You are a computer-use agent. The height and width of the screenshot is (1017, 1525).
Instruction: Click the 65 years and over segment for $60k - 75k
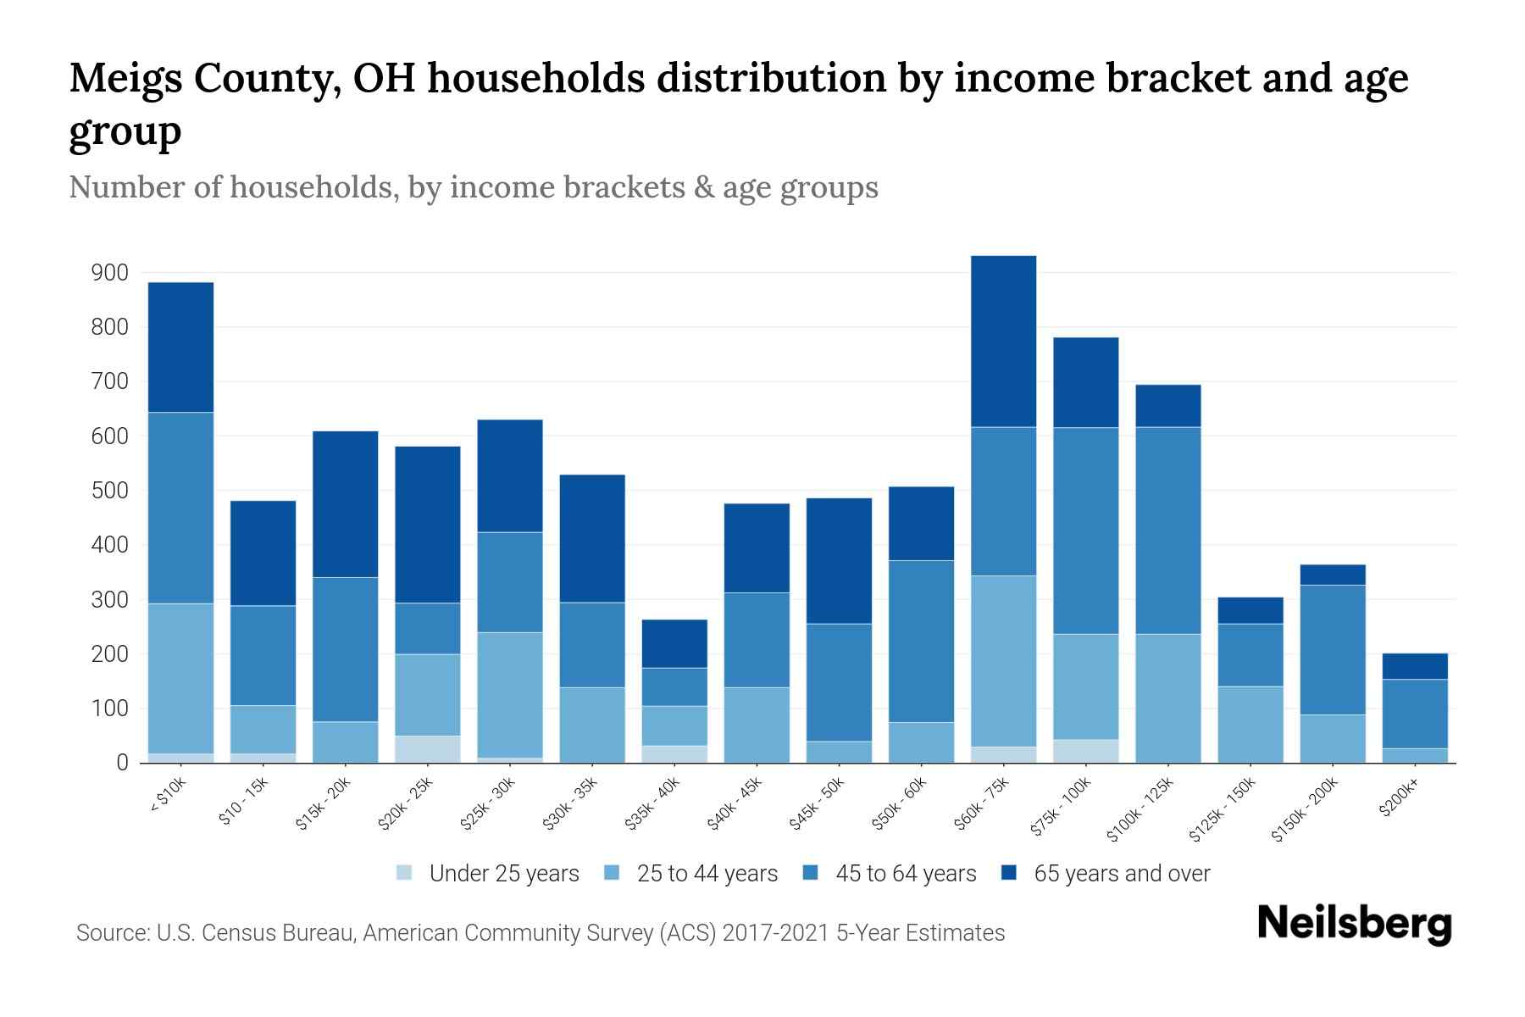(1003, 341)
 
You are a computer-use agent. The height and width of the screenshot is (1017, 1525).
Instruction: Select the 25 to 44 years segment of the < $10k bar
(180, 678)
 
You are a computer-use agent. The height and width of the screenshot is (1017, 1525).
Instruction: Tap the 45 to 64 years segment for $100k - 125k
(1167, 530)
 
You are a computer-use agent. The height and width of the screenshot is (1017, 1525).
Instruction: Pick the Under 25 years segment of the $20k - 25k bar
(428, 749)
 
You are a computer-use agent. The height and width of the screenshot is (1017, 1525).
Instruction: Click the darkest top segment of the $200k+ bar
(1415, 666)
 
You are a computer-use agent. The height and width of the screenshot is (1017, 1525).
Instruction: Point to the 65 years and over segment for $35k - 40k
(674, 643)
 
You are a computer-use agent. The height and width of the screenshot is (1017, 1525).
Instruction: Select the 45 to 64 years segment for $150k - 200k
(1333, 649)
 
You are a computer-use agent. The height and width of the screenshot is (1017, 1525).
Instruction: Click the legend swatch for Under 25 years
(405, 873)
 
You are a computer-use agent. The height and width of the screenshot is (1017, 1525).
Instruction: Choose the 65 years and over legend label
(1122, 874)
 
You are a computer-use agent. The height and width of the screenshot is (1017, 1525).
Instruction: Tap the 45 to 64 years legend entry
(905, 874)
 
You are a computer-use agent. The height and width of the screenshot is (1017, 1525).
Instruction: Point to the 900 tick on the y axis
(110, 273)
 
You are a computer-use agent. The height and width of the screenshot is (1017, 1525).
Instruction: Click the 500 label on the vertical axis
(110, 491)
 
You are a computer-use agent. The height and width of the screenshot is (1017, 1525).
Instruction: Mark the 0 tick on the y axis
(122, 763)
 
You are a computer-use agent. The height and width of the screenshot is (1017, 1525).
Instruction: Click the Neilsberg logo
(1354, 925)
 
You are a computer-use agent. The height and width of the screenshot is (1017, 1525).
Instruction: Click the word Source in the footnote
(110, 933)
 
